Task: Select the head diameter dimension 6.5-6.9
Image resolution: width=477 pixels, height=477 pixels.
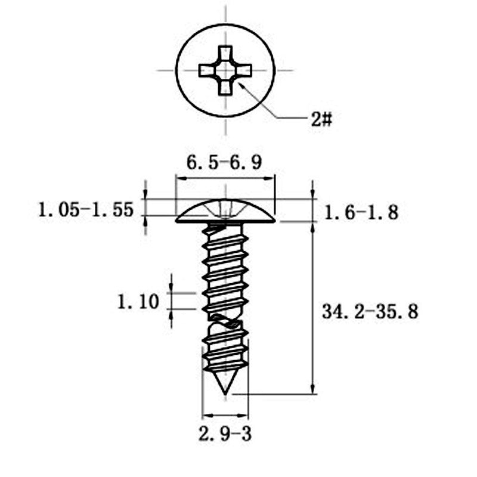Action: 224,162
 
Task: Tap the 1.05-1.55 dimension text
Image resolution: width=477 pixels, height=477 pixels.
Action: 86,210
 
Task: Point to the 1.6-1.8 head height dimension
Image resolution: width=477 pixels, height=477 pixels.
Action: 361,212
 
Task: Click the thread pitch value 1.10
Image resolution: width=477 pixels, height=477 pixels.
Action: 138,302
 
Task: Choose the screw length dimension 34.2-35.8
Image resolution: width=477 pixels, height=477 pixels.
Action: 370,311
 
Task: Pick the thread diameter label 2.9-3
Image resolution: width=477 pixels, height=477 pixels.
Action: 225,433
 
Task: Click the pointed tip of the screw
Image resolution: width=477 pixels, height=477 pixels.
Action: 225,395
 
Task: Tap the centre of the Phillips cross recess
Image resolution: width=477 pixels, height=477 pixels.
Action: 225,70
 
